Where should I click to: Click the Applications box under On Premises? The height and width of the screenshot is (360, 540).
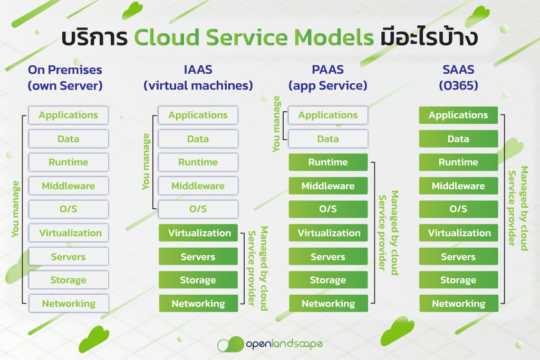[x=68, y=115]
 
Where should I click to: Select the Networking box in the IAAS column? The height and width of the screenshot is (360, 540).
[x=198, y=304]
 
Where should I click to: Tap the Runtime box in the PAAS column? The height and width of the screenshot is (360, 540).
[x=328, y=162]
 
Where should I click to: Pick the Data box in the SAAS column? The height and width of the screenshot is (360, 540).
[x=458, y=139]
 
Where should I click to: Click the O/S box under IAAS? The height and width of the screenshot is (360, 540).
[x=198, y=209]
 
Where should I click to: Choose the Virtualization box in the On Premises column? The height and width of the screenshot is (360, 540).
[x=68, y=233]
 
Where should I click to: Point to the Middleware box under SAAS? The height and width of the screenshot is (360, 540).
[x=458, y=186]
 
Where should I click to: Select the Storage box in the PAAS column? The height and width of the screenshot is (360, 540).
[x=328, y=280]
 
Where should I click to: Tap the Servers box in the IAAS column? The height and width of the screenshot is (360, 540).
[x=198, y=257]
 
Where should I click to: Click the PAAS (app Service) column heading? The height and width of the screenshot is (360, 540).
[x=328, y=77]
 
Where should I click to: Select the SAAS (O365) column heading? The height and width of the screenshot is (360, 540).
[x=458, y=77]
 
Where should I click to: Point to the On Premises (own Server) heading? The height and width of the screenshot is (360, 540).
[x=65, y=77]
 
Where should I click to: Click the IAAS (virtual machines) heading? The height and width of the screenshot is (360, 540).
[x=198, y=77]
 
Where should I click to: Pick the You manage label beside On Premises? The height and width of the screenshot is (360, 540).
[x=16, y=209]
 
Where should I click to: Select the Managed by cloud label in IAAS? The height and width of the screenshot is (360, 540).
[x=258, y=268]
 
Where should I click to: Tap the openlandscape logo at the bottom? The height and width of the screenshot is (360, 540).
[x=270, y=345]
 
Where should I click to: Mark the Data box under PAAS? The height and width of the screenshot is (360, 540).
[x=328, y=139]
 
